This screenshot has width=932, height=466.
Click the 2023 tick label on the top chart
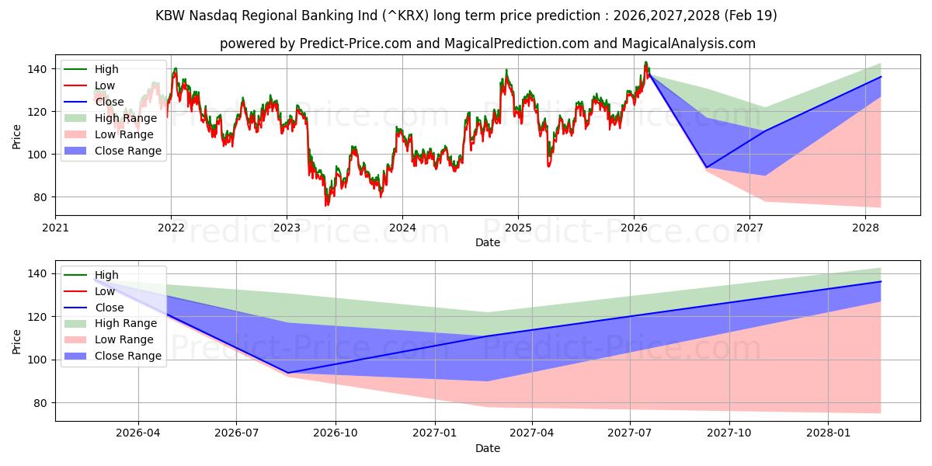click(x=287, y=228)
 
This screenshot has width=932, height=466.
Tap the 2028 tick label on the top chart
click(x=865, y=228)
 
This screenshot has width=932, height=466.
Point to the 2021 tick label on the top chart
click(x=55, y=228)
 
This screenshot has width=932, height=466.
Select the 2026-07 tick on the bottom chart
click(x=237, y=433)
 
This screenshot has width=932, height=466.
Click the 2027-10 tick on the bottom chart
click(x=730, y=433)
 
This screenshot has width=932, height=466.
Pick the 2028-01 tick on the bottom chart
click(x=829, y=433)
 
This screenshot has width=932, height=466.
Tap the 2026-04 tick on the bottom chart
click(x=138, y=433)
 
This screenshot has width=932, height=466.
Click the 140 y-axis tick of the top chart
click(x=37, y=69)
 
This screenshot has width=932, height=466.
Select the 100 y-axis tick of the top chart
click(x=37, y=155)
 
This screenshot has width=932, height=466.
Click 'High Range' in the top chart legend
click(x=126, y=118)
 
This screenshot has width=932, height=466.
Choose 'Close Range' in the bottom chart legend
click(x=127, y=356)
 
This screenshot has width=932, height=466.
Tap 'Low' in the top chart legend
click(x=105, y=85)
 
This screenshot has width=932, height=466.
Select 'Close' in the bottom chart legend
click(x=109, y=308)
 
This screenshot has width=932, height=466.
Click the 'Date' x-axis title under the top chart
click(x=488, y=242)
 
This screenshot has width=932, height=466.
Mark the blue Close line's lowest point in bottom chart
click(x=288, y=373)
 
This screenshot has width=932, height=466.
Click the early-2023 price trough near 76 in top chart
click(x=326, y=205)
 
